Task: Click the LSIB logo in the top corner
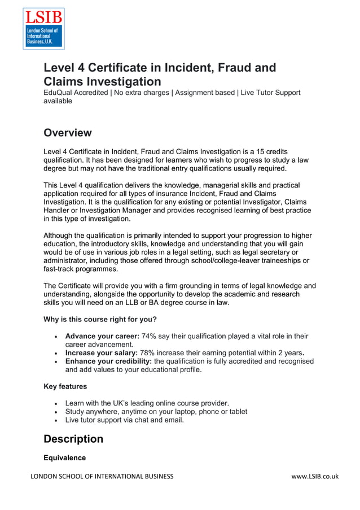point(43,28)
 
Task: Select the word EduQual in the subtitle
point(60,93)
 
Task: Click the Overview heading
point(68,133)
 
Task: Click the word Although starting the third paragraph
point(62,236)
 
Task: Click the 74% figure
point(149,336)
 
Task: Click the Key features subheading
point(65,387)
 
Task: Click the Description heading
point(73,439)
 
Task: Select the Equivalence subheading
point(65,458)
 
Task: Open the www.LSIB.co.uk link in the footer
point(315,477)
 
